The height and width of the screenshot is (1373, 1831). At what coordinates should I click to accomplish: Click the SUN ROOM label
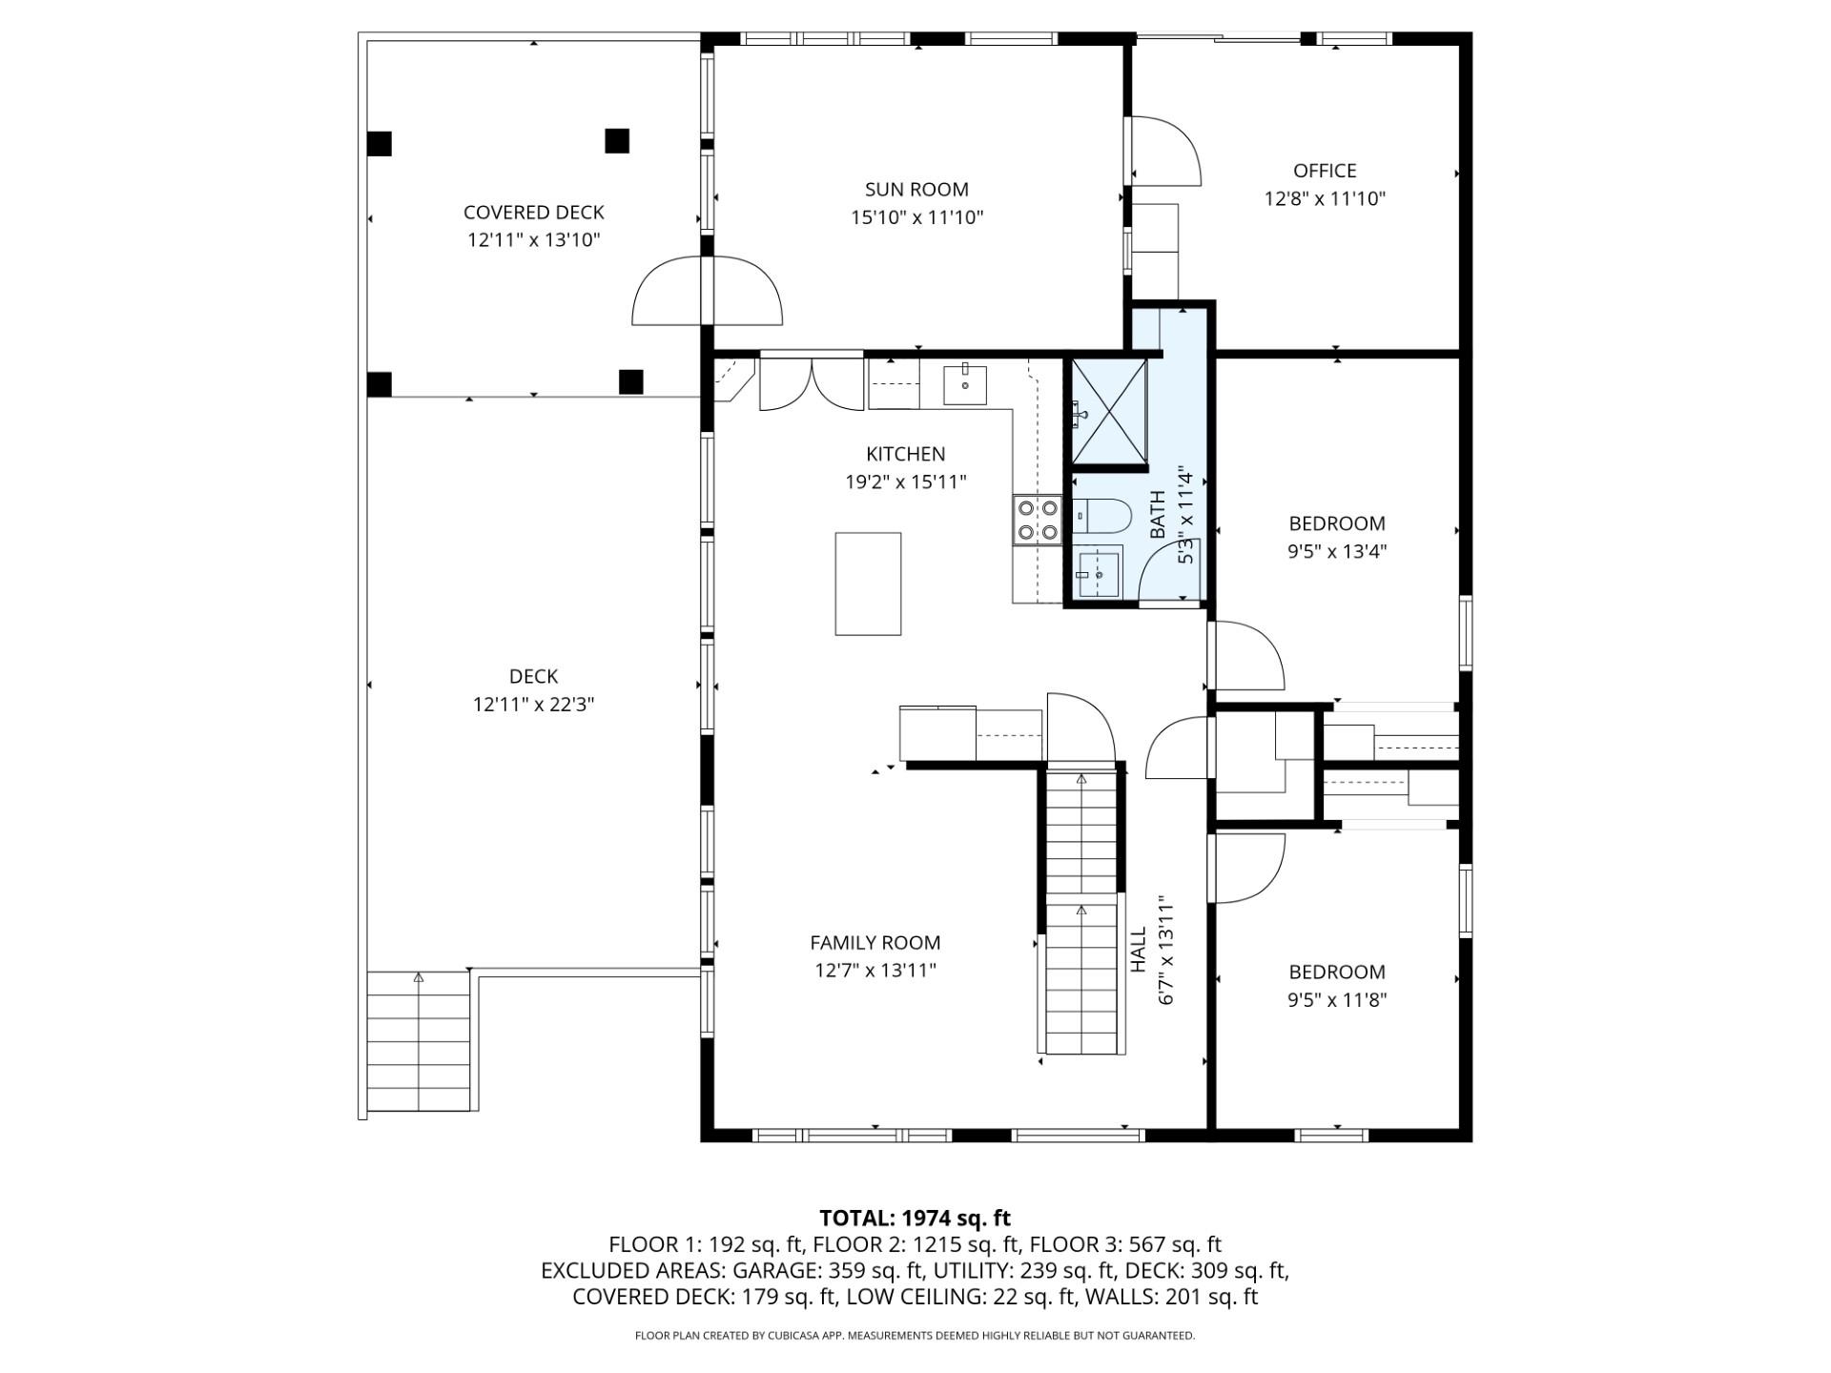click(916, 190)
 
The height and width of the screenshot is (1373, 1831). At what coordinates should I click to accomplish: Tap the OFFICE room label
click(1325, 171)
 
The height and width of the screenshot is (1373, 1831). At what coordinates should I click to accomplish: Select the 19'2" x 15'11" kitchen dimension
click(906, 482)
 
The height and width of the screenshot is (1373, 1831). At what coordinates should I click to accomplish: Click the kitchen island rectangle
click(868, 584)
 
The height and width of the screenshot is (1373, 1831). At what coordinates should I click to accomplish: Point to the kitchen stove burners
click(1038, 520)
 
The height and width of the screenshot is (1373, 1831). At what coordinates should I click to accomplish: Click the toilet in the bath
click(1101, 517)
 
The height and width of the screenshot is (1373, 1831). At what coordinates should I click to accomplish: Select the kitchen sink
click(965, 384)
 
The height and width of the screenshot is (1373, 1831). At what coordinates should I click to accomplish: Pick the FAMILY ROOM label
click(875, 943)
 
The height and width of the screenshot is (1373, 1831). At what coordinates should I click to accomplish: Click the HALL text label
click(1139, 950)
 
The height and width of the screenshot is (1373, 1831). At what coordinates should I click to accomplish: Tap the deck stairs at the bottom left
click(419, 1041)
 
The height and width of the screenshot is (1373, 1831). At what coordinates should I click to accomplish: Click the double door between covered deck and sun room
click(707, 291)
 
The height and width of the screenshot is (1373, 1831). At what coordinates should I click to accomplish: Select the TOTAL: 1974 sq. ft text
click(915, 1218)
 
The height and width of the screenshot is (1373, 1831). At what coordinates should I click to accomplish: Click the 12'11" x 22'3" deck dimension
click(534, 705)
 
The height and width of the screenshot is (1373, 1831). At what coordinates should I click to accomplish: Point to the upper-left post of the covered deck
click(380, 143)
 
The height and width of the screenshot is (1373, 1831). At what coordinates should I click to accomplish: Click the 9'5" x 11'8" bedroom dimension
click(1337, 1000)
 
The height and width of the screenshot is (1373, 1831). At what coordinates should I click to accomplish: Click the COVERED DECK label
click(534, 213)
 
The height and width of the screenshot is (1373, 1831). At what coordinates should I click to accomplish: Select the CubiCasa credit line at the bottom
click(915, 1336)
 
